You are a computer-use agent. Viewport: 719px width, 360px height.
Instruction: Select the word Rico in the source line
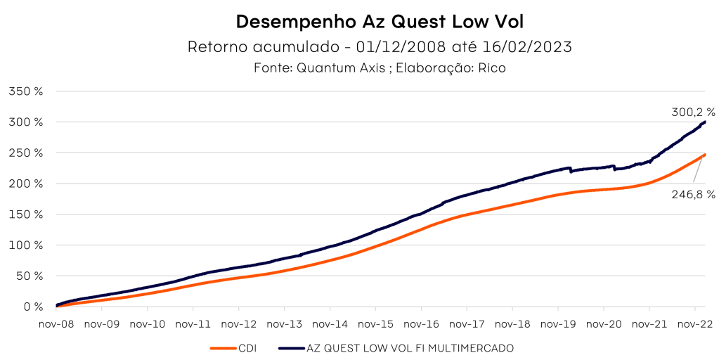pyautogui.click(x=492, y=68)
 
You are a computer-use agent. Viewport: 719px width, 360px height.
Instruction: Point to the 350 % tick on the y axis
pyautogui.click(x=26, y=91)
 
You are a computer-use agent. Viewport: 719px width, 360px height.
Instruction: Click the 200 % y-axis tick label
pyautogui.click(x=26, y=184)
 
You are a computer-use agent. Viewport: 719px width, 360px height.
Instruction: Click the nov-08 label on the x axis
pyautogui.click(x=56, y=324)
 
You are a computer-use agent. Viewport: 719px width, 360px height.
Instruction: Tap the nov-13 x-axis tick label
pyautogui.click(x=285, y=324)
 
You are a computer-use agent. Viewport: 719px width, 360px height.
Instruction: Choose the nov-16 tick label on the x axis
pyautogui.click(x=421, y=324)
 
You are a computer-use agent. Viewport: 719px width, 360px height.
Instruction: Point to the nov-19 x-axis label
pyautogui.click(x=558, y=324)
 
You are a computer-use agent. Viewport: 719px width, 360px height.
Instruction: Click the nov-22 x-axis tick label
pyautogui.click(x=694, y=324)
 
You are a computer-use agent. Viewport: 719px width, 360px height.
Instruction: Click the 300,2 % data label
pyautogui.click(x=692, y=112)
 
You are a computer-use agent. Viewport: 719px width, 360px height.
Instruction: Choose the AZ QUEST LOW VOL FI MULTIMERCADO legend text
pyautogui.click(x=411, y=347)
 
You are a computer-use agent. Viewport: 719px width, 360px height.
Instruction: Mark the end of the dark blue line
pyautogui.click(x=705, y=122)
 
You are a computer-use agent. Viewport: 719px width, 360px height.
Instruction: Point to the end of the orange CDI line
pyautogui.click(x=705, y=155)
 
